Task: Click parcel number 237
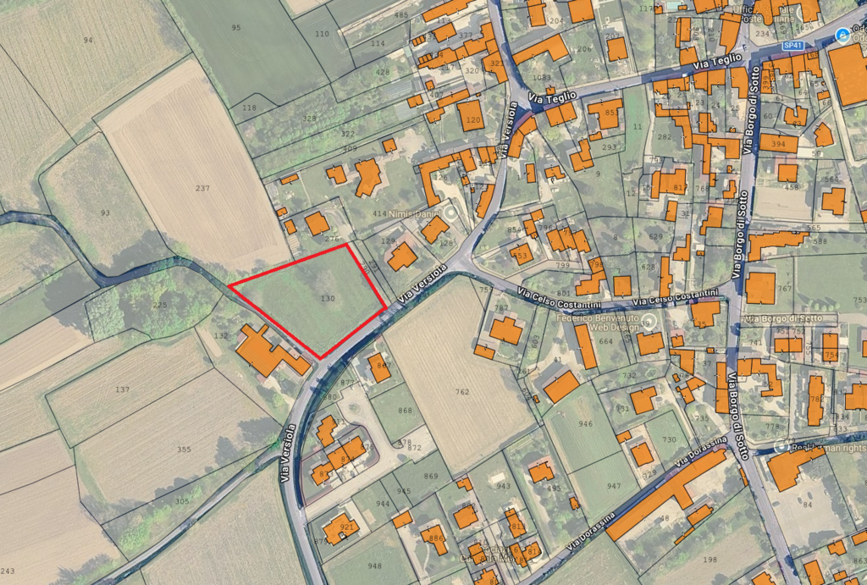click(202, 188)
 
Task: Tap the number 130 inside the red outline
click(329, 299)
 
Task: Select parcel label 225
click(159, 305)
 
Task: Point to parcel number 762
click(461, 392)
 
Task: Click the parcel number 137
click(122, 389)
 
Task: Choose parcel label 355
click(184, 449)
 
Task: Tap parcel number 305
click(182, 501)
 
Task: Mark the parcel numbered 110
click(322, 34)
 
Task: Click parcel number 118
click(249, 108)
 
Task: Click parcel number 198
click(709, 560)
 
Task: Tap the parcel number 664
click(605, 341)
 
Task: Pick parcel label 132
click(222, 336)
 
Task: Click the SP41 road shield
click(793, 44)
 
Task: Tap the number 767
click(785, 289)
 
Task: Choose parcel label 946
click(585, 422)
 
